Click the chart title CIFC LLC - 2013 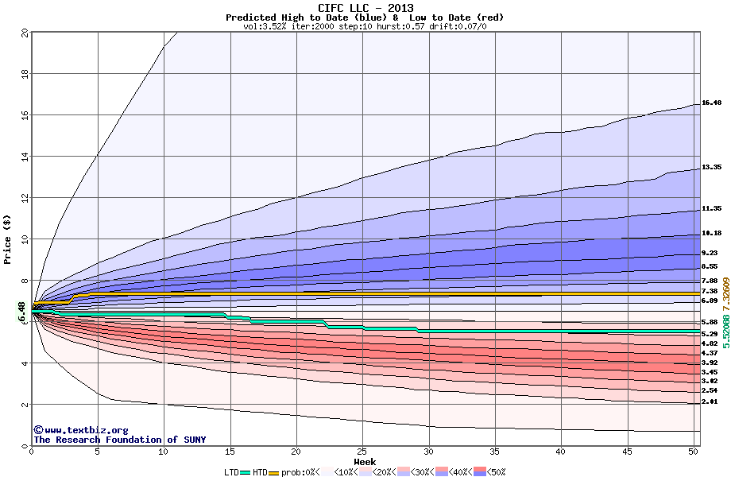[x=365, y=8]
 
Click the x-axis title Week [x=365, y=462]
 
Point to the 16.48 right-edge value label [x=711, y=103]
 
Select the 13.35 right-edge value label [x=711, y=168]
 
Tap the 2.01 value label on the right [x=710, y=402]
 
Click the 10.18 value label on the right [x=711, y=234]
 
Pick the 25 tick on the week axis [x=362, y=452]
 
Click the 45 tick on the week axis [x=627, y=452]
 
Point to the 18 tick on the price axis [x=23, y=73]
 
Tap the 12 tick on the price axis [x=23, y=197]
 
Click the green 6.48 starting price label [x=21, y=312]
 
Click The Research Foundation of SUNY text [x=119, y=440]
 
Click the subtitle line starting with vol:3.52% [x=365, y=26]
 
